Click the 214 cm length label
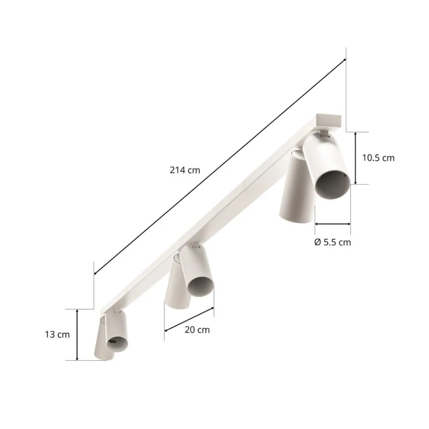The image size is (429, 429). coord(185,170)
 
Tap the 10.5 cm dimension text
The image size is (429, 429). coord(378,158)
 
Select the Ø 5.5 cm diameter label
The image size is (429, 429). coord(332,242)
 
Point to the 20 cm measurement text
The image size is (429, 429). coord(197,329)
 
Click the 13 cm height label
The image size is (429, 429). coord(57,335)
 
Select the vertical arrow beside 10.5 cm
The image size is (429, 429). coord(355,158)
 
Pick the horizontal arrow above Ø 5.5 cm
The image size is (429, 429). coord(332,224)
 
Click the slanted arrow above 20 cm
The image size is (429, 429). coord(189,319)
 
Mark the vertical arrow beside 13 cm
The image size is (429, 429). coord(77,335)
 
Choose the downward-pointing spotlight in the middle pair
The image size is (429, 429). coord(177,285)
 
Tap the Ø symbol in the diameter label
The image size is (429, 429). coord(317,242)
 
